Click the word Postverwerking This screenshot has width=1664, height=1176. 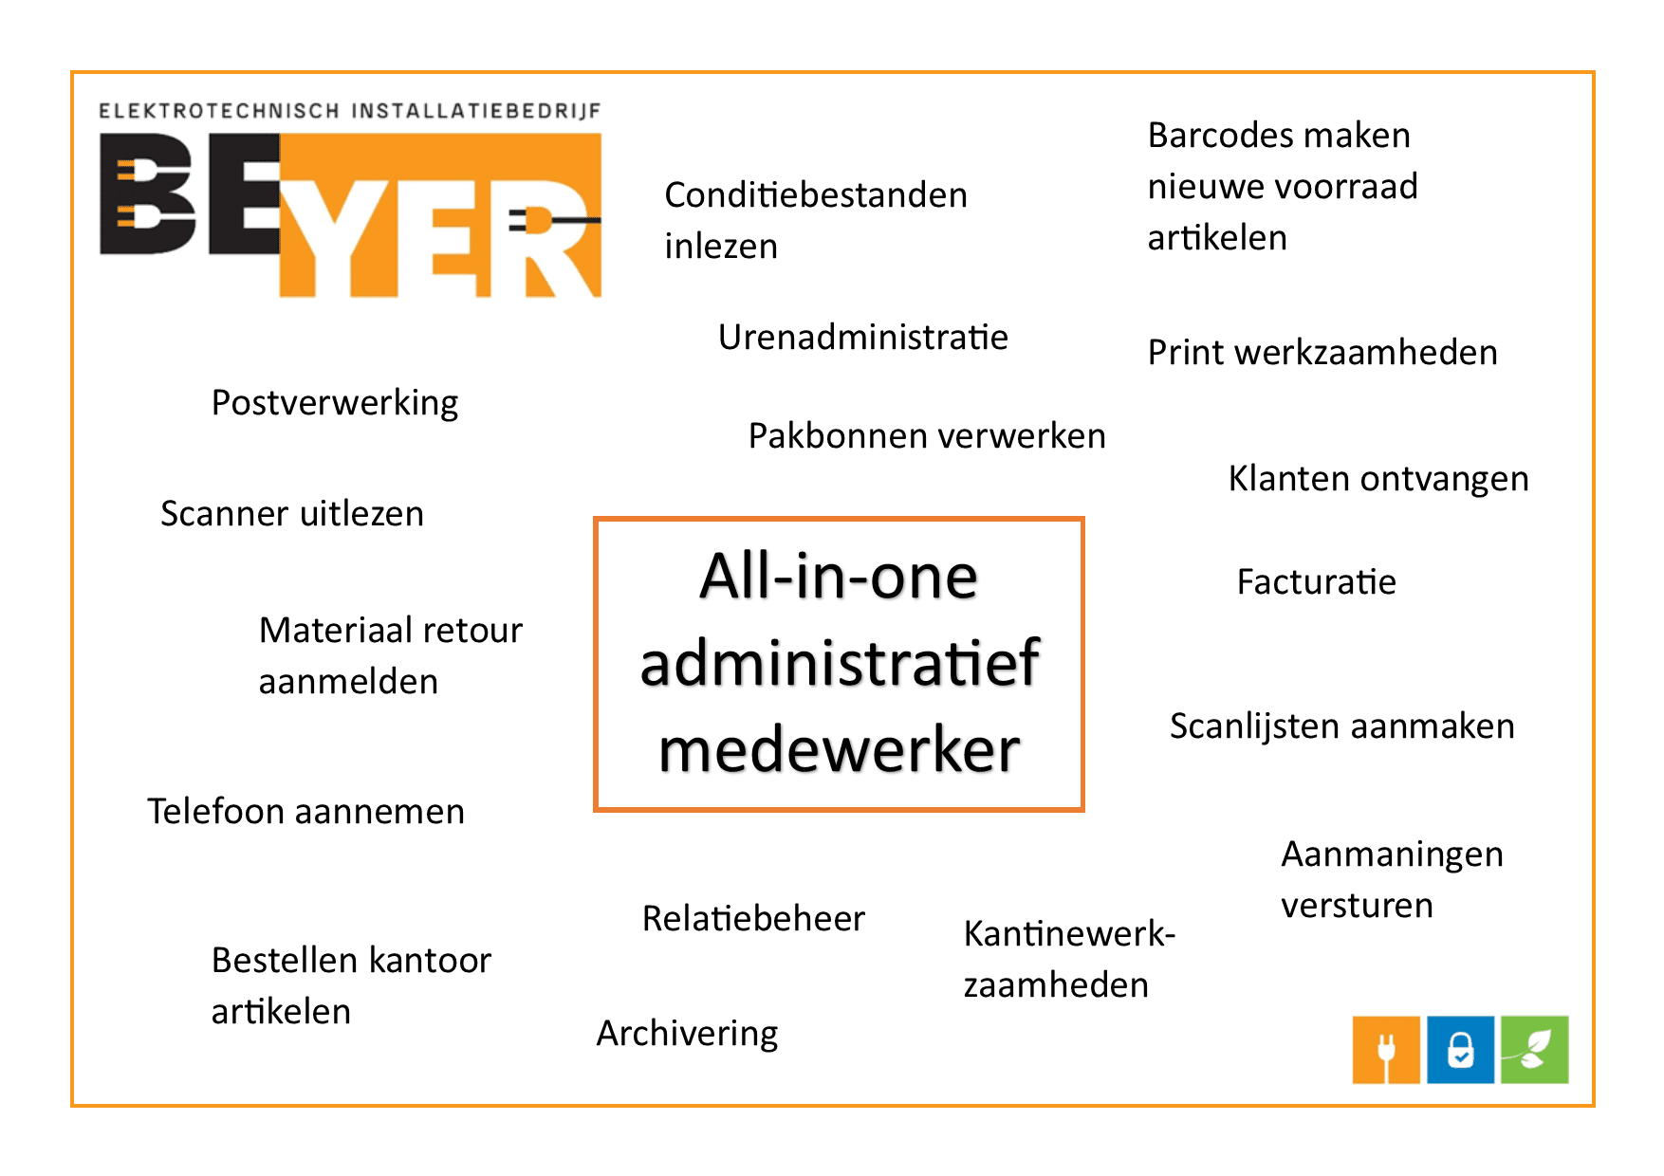click(x=335, y=403)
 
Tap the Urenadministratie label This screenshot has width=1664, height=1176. click(x=863, y=337)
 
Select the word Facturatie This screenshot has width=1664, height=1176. click(x=1317, y=581)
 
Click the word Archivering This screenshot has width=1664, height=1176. click(x=688, y=1034)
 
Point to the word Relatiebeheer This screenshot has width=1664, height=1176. click(x=753, y=918)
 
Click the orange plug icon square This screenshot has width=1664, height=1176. click(x=1386, y=1050)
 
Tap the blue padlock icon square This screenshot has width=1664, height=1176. click(x=1461, y=1050)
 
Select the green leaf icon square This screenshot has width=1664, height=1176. click(x=1535, y=1050)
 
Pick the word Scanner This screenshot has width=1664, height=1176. click(x=224, y=514)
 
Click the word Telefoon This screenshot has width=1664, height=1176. click(x=216, y=812)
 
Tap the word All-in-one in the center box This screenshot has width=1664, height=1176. click(x=839, y=576)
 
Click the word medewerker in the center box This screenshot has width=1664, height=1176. click(x=839, y=750)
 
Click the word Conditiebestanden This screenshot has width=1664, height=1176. click(x=816, y=195)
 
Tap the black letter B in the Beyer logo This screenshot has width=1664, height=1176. click(x=148, y=193)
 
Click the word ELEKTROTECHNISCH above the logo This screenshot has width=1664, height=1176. click(x=219, y=111)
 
